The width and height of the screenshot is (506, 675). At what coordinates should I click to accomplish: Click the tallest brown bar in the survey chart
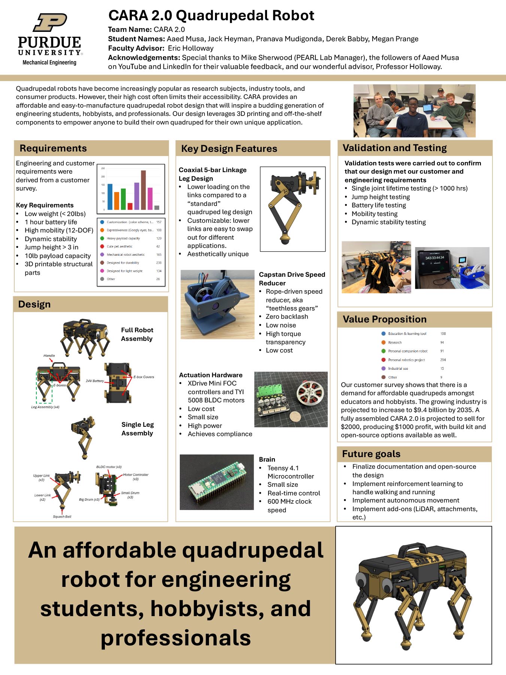143,190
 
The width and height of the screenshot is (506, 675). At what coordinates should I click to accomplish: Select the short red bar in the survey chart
130,206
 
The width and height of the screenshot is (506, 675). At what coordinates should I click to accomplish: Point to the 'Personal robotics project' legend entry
406,360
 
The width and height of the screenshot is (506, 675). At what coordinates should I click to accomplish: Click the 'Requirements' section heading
53,148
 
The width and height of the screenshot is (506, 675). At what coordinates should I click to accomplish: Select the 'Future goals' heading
371,454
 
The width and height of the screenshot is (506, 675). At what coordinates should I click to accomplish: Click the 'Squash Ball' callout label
62,517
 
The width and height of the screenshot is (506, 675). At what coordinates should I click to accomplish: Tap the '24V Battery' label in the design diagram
95,381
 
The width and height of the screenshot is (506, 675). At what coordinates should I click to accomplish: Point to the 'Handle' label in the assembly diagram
49,355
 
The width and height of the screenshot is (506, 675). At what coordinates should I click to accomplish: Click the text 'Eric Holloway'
191,48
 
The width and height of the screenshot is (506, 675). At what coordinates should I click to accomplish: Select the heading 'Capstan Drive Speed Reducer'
292,279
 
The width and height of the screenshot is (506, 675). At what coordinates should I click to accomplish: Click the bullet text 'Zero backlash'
287,316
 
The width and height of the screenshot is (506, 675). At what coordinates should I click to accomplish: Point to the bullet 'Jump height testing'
381,197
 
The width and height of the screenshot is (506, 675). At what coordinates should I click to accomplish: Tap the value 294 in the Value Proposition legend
443,360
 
